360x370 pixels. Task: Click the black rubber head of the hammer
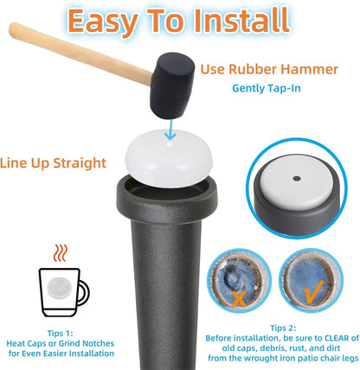[x=172, y=86]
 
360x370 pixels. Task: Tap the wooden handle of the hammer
[x=80, y=54]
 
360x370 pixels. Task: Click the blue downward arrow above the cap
[x=171, y=131]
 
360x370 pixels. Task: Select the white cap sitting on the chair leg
[x=169, y=158]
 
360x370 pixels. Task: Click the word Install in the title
[x=241, y=21]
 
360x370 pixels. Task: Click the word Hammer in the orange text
[x=310, y=69]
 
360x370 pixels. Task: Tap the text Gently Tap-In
[x=267, y=88]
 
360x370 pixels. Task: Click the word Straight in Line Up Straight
[x=80, y=163]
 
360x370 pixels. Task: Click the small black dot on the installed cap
[x=297, y=179]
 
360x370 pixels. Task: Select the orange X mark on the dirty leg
[x=240, y=298]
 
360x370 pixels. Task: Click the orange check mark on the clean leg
[x=314, y=291]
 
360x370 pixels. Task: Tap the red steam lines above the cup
[x=61, y=252]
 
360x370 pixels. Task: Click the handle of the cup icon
[x=83, y=293]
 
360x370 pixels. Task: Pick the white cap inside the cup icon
[x=60, y=288]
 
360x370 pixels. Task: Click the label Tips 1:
[x=61, y=334]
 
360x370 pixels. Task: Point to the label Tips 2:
[x=283, y=328]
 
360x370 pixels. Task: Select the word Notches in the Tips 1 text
[x=99, y=343]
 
